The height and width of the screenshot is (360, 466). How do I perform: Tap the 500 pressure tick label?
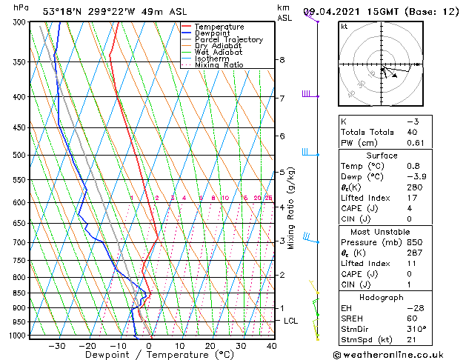coord(20,156)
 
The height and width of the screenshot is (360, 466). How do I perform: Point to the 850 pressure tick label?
coord(20,293)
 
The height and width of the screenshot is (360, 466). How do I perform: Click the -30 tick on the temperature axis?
coord(56,346)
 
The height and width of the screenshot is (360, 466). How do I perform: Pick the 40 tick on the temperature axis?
coord(271,346)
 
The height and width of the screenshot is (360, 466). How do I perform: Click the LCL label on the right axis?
coord(290,321)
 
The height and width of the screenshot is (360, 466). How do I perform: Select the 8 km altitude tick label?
coord(282,59)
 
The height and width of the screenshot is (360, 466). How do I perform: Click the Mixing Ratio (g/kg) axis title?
coord(291,208)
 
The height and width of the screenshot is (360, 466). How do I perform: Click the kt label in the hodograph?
coord(344,27)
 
